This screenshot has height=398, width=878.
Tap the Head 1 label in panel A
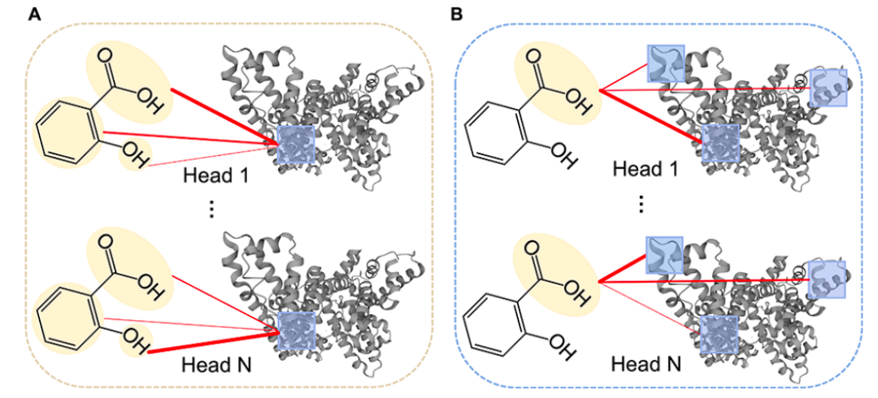[x=214, y=175]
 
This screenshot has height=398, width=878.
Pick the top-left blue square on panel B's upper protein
[x=665, y=63]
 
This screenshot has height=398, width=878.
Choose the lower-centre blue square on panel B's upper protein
[x=720, y=145]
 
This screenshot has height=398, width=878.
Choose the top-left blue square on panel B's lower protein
[x=664, y=254]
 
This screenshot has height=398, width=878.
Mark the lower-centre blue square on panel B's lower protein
[x=720, y=335]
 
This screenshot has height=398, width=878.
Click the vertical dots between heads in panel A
[x=211, y=210]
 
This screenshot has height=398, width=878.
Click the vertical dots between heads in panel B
[x=640, y=204]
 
